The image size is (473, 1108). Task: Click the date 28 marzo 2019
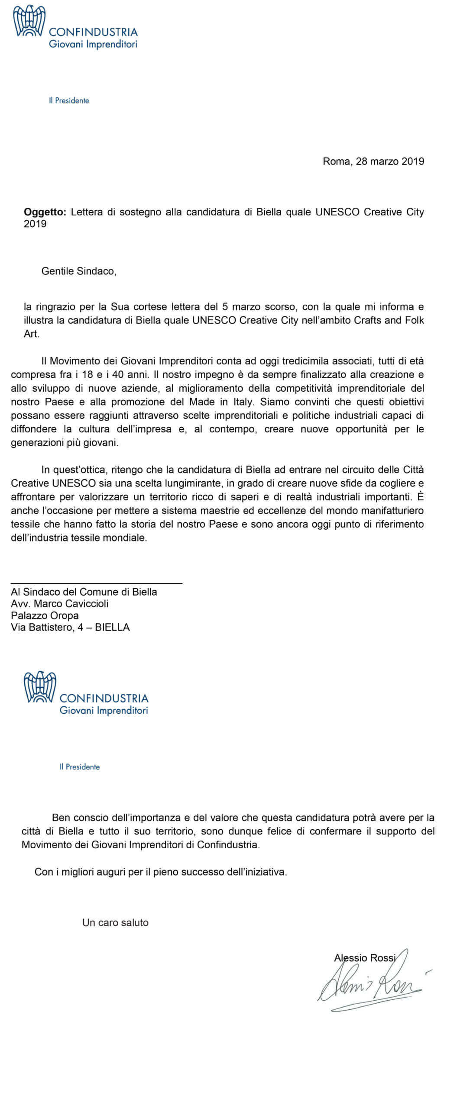(x=390, y=161)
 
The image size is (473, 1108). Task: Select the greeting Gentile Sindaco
(x=79, y=271)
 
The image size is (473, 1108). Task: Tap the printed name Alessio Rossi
(x=365, y=958)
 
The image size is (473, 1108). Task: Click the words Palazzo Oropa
(x=45, y=615)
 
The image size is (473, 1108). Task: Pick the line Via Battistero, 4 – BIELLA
(x=70, y=627)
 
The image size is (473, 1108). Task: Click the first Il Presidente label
(x=69, y=100)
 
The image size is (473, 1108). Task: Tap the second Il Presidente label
(x=80, y=767)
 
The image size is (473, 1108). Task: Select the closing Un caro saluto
(x=115, y=922)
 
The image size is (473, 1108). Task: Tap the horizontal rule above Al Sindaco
(x=96, y=583)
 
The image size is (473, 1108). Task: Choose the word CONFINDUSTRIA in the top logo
(x=93, y=32)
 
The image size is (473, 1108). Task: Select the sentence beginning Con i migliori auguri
(x=161, y=872)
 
